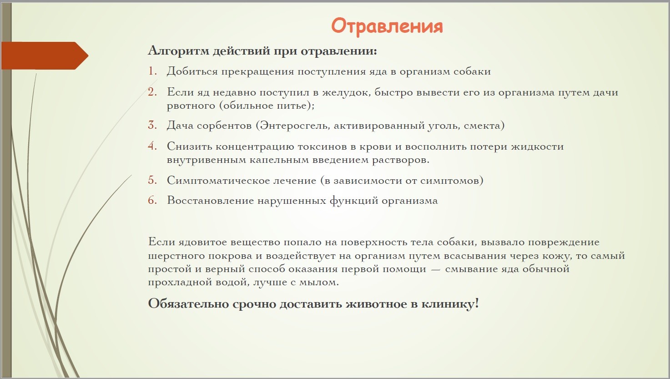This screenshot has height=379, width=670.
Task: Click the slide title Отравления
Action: click(x=387, y=26)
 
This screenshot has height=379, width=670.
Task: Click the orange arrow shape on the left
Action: click(x=45, y=56)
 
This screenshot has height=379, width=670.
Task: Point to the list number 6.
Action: click(x=152, y=200)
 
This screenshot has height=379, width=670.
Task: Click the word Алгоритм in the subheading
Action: click(x=179, y=51)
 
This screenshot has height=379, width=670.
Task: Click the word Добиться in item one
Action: click(x=192, y=71)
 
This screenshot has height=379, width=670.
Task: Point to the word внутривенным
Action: click(x=207, y=160)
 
